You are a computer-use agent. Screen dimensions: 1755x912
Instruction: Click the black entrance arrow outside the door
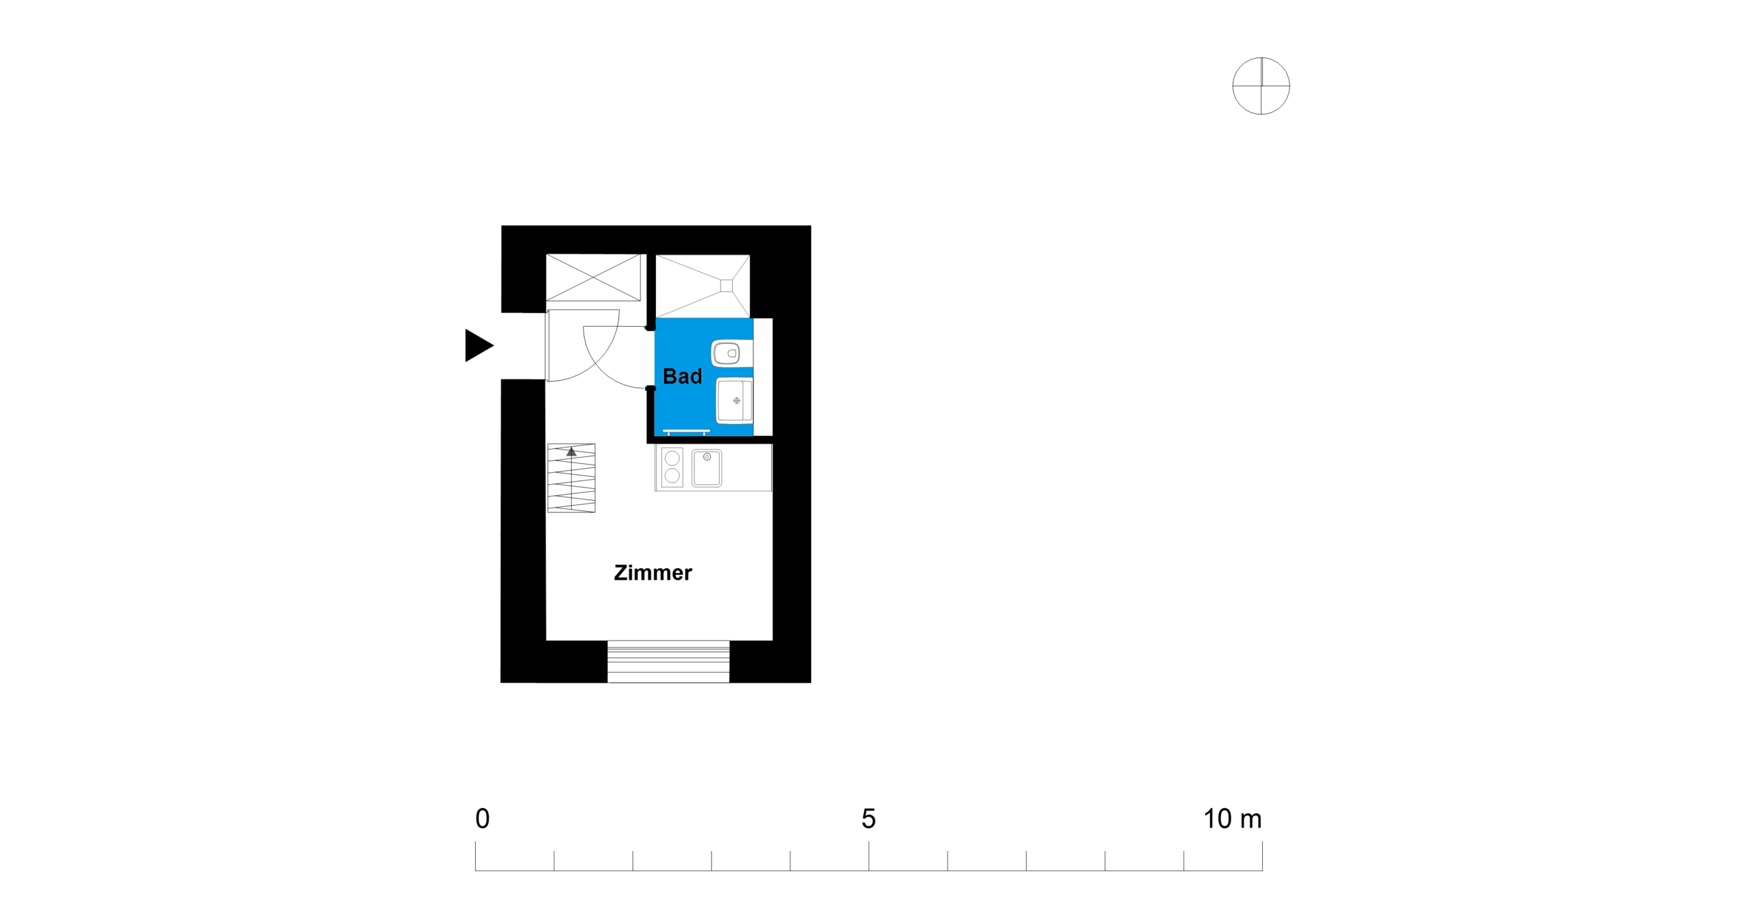pos(478,345)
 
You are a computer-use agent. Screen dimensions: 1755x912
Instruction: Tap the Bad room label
pos(682,376)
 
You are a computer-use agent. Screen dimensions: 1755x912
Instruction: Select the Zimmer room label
pos(653,573)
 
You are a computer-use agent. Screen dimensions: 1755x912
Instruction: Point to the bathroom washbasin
pos(734,401)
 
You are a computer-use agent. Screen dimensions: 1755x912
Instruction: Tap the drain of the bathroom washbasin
pos(737,401)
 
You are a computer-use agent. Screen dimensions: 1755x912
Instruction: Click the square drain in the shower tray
pos(727,286)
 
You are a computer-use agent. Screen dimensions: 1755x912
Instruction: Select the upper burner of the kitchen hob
pos(673,458)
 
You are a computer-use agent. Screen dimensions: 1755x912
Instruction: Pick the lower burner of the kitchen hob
pos(673,475)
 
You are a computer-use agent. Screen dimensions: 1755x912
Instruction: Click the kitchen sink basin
pos(707,468)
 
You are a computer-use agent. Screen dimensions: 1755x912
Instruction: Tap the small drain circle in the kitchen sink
pos(707,456)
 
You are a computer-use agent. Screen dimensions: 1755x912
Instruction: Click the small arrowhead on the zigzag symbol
pos(572,451)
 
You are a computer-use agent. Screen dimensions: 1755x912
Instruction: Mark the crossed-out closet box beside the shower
pos(593,278)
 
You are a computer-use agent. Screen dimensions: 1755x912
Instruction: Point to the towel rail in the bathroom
pos(686,432)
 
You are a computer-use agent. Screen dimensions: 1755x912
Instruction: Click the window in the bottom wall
pos(668,661)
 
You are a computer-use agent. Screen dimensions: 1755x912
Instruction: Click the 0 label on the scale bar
pos(483,819)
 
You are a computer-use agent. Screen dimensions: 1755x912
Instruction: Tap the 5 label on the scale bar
pos(869,819)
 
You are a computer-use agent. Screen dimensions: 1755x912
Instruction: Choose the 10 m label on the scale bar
pos(1233,819)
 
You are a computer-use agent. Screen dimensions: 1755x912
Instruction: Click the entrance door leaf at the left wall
pos(547,345)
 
